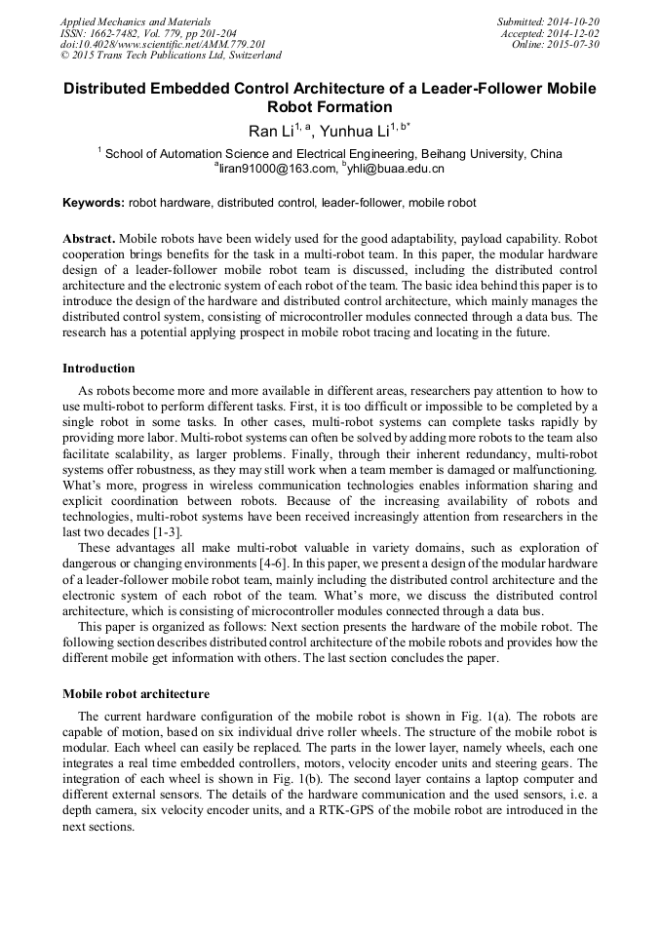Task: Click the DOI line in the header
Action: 163,45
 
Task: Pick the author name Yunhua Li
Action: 351,131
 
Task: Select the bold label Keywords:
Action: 94,203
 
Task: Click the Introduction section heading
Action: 98,369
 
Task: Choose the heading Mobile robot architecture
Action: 136,694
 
